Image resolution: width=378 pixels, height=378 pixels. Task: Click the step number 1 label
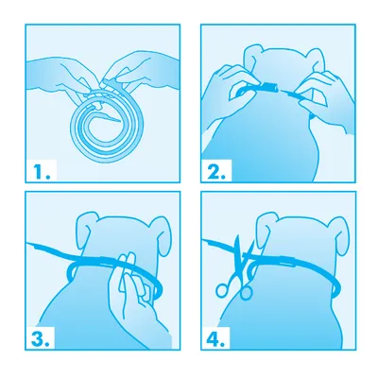42,172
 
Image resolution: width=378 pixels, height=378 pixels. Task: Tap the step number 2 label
216,172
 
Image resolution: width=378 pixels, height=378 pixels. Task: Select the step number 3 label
40,338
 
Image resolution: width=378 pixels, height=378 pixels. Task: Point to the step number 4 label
215,338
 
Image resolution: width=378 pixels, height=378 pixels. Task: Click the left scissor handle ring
222,289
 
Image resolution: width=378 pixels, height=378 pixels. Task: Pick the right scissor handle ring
247,292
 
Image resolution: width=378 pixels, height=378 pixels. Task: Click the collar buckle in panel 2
268,86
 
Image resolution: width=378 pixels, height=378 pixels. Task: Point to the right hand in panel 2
324,94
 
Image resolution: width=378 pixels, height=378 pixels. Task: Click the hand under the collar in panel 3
132,302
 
